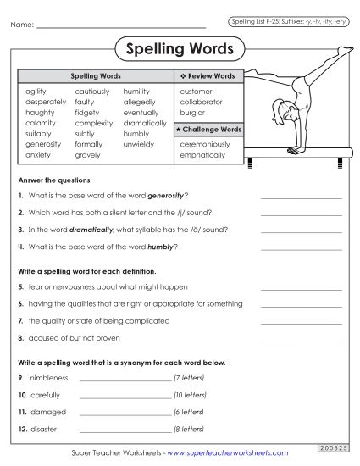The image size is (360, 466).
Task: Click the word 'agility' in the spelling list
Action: (36, 91)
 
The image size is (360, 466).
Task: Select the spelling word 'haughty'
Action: (40, 112)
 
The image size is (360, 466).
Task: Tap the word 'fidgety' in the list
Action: (87, 112)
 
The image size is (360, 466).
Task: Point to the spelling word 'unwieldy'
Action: (139, 144)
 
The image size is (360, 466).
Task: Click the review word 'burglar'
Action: (192, 112)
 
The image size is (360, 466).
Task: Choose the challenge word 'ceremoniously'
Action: (204, 144)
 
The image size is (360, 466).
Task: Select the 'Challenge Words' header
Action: (209, 129)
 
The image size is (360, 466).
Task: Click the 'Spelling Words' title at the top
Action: (179, 49)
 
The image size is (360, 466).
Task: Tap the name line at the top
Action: (122, 25)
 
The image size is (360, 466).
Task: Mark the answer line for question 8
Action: (302, 337)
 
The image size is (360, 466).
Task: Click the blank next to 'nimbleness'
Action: (125, 377)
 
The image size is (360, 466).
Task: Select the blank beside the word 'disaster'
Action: (125, 429)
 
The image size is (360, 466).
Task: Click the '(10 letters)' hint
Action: (190, 395)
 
